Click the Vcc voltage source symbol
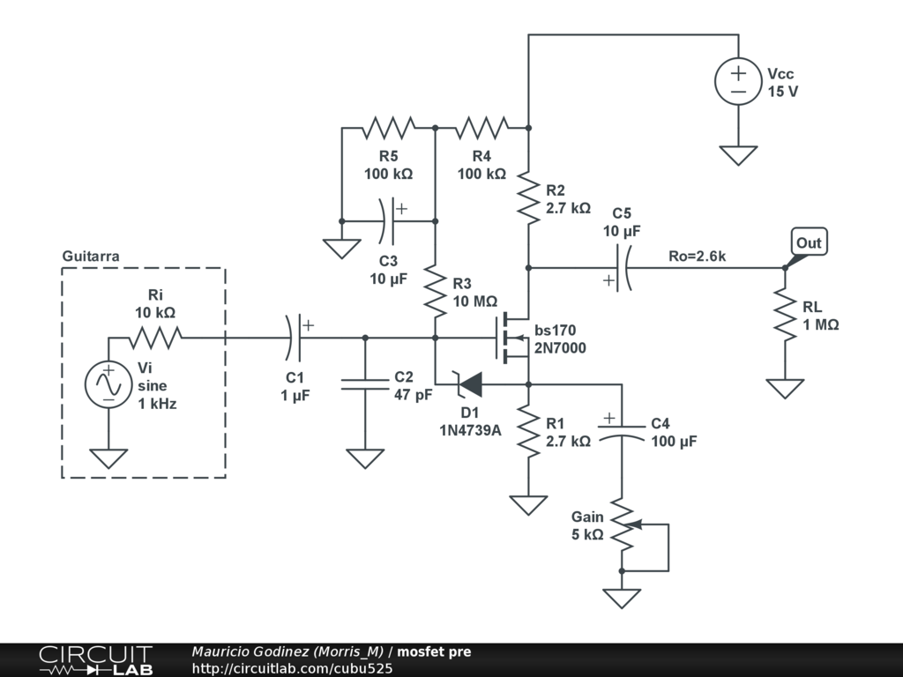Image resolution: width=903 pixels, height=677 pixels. (738, 81)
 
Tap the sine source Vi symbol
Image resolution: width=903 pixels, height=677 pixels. (108, 384)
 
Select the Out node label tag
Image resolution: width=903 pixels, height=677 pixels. (809, 242)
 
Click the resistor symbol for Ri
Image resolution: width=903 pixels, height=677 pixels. (155, 338)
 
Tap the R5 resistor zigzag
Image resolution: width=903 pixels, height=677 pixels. (389, 128)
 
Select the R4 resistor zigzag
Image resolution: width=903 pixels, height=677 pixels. (482, 128)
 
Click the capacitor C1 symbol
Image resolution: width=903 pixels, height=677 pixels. (295, 338)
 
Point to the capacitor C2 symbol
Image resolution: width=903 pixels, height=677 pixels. (365, 384)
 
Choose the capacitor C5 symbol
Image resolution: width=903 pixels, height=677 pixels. (622, 268)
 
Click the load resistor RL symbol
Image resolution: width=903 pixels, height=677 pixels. (785, 315)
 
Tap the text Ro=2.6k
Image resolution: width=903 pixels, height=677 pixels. (697, 257)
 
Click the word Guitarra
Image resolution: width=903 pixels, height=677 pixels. (91, 257)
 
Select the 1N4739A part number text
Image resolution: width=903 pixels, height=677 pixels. (470, 430)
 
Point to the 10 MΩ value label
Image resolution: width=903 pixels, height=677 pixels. (475, 301)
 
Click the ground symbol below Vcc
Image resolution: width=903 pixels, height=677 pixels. (738, 155)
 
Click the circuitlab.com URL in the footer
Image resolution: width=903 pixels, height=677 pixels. (292, 668)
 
